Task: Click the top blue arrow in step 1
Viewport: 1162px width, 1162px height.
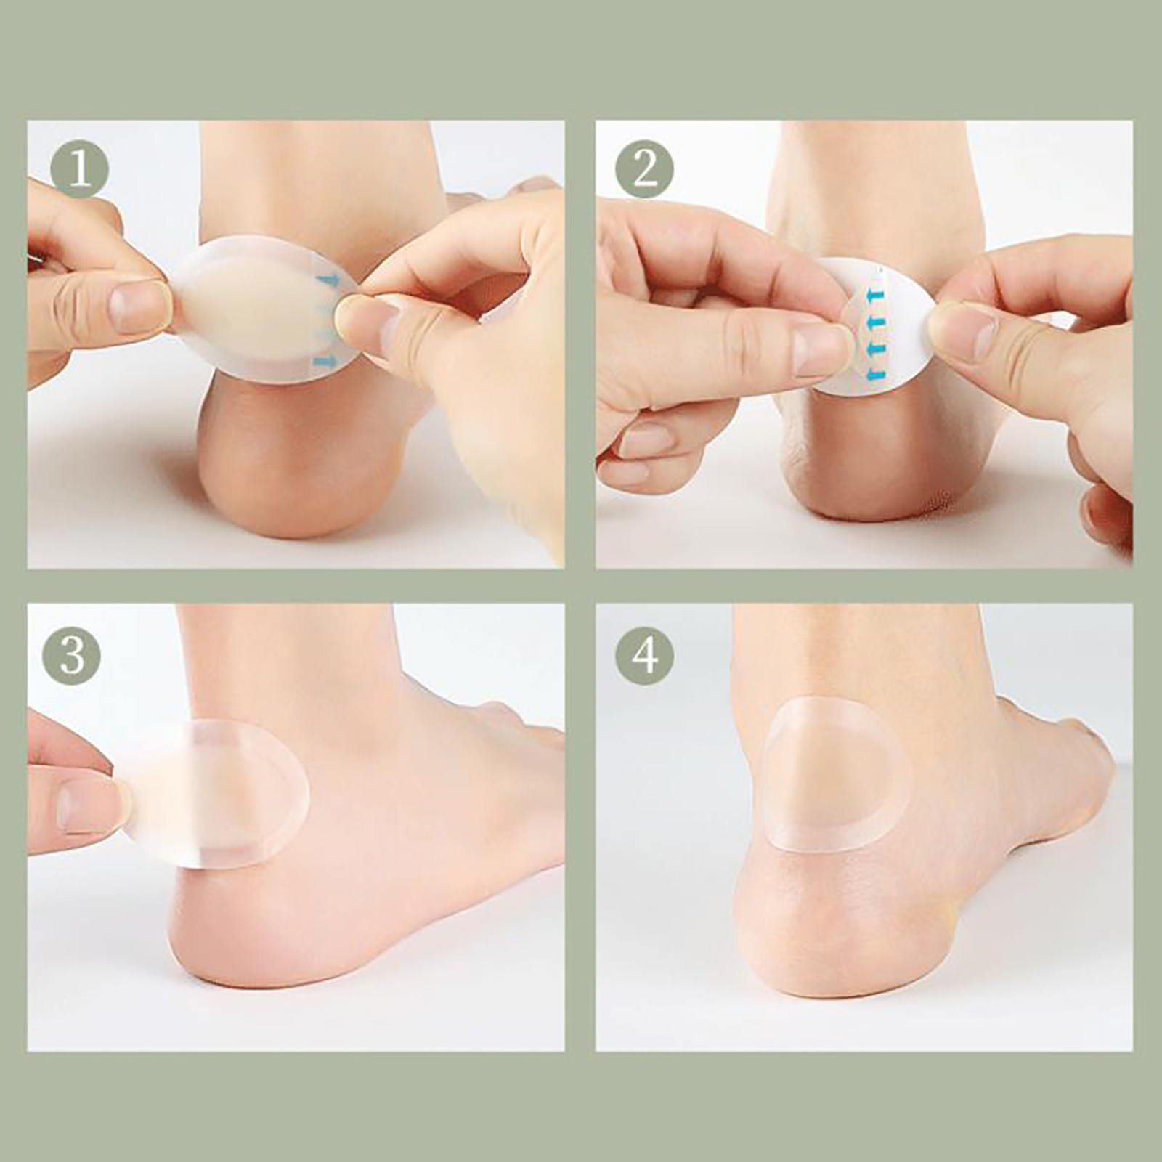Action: coord(328,280)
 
